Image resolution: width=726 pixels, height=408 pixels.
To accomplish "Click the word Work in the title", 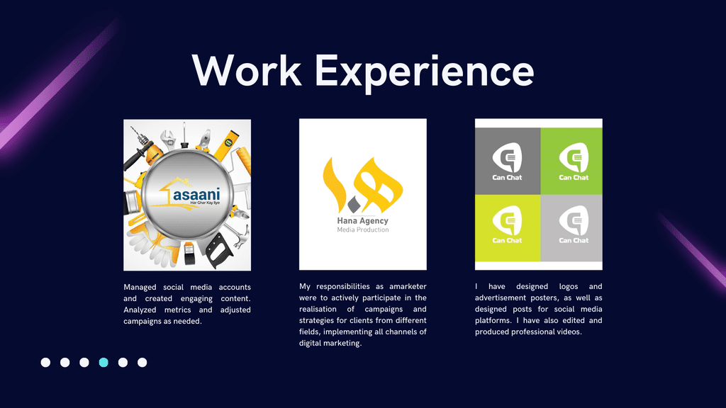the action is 247,70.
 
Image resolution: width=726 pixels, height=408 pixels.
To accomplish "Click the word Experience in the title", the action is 425,73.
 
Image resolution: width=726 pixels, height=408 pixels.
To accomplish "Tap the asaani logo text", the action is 197,194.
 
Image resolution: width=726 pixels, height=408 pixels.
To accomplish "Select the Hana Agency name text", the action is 362,221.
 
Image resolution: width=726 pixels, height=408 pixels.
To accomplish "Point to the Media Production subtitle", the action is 363,230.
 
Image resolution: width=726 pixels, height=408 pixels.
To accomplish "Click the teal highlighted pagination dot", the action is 104,362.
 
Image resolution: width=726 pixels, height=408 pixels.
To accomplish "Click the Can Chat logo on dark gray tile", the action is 507,161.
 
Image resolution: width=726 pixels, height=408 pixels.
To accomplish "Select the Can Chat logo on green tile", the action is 574,161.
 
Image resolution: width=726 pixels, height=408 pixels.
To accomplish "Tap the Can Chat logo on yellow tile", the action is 507,225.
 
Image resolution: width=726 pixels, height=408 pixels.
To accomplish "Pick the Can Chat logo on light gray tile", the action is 574,225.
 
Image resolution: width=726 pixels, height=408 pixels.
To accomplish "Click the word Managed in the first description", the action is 140,288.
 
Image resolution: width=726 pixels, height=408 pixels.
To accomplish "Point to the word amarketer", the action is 408,286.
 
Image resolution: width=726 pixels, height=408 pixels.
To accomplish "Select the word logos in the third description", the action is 569,287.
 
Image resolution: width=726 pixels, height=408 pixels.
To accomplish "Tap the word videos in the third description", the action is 569,331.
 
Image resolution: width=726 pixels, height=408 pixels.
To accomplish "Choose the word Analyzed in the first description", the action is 140,310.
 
